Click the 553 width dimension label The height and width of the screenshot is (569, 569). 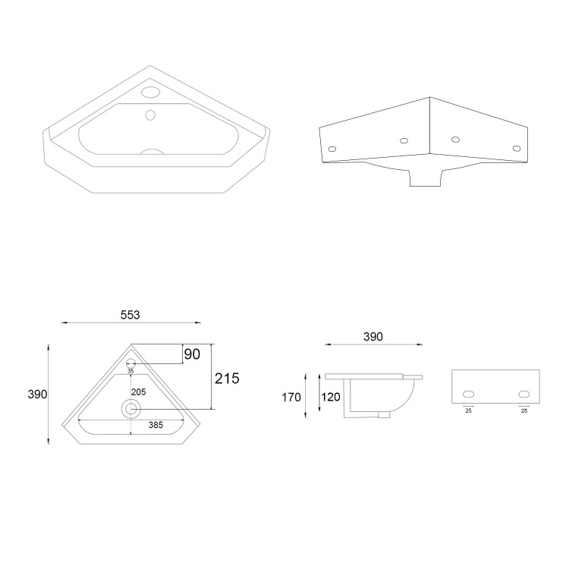click(x=130, y=315)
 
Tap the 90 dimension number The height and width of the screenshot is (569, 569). click(x=192, y=354)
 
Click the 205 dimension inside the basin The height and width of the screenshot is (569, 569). click(x=138, y=391)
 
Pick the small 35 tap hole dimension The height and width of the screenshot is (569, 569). click(x=130, y=372)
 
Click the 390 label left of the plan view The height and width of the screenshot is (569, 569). click(x=38, y=395)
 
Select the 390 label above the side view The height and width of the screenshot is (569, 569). click(x=373, y=336)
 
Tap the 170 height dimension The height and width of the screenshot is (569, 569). click(x=292, y=396)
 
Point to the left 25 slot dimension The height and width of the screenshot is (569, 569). click(x=468, y=410)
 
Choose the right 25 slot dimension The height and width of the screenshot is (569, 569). click(x=523, y=410)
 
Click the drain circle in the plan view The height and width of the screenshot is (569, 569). click(x=130, y=408)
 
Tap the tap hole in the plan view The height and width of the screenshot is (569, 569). click(x=130, y=361)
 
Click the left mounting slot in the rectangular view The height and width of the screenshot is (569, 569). click(x=469, y=394)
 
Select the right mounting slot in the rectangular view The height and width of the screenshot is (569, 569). click(x=523, y=394)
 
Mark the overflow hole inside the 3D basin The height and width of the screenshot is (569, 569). click(x=150, y=115)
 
